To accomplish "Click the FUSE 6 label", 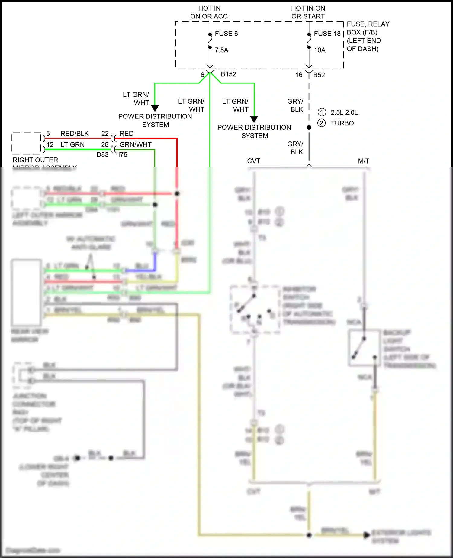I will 226,34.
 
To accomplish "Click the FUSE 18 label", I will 327,34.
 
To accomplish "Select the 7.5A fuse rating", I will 221,50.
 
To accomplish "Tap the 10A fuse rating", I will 320,50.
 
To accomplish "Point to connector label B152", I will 228,74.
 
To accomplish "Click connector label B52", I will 319,75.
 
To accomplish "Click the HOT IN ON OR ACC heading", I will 209,12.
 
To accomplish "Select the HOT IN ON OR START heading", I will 308,12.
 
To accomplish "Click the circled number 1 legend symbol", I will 322,112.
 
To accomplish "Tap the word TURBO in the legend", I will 342,123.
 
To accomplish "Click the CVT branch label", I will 254,161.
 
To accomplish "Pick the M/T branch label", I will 364,161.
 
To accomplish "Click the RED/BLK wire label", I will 75,134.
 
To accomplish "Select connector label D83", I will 102,155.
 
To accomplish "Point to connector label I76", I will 123,155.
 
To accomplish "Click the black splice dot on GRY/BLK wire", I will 309,128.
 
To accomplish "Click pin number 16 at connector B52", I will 299,75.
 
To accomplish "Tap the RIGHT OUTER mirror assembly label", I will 35,160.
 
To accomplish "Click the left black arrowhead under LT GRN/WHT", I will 155,109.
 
